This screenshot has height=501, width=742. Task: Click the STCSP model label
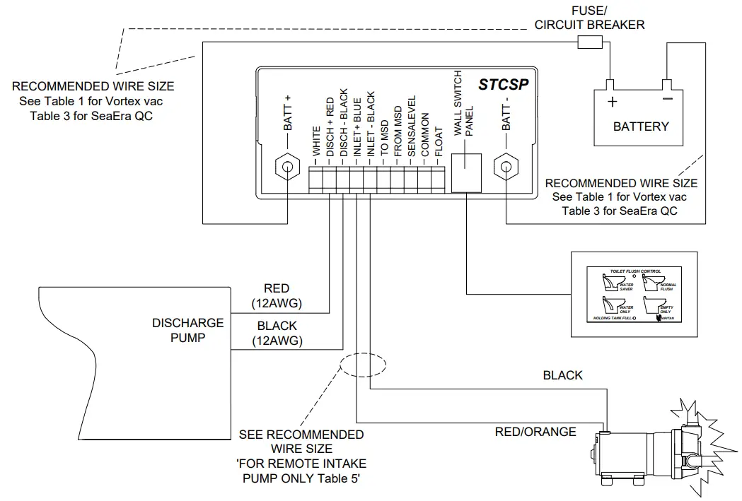point(503,85)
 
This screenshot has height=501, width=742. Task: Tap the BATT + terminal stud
point(289,168)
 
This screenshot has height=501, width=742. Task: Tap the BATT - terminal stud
point(506,168)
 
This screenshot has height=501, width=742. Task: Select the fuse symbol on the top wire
point(590,43)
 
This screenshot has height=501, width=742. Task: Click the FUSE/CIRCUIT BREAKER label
point(589,18)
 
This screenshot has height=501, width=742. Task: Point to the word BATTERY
point(640,126)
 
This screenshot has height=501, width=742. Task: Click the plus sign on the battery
point(612,102)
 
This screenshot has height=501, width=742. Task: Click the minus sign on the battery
point(667,101)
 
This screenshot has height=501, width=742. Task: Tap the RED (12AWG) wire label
point(277,295)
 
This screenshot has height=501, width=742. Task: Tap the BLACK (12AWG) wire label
point(277,333)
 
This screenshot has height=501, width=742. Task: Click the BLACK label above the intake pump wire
point(562,375)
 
